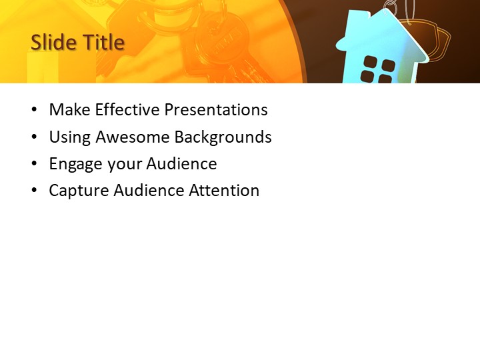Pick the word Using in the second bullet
(70, 137)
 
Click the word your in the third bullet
(123, 164)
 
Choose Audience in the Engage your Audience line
(181, 164)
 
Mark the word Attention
(224, 191)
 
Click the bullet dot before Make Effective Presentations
(34, 111)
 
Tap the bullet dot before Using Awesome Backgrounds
(34, 138)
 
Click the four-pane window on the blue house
(377, 69)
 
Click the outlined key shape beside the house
(435, 40)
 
